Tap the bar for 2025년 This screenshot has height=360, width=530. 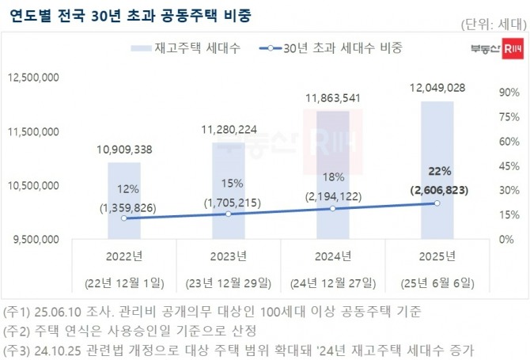pyautogui.click(x=437, y=169)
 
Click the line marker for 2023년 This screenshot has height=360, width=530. pyautogui.click(x=228, y=214)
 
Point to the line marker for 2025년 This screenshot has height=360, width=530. pyautogui.click(x=437, y=203)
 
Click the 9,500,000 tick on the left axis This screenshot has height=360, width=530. pyautogui.click(x=35, y=238)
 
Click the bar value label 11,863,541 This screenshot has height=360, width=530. pyautogui.click(x=332, y=98)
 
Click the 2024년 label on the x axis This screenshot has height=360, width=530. pyautogui.click(x=332, y=256)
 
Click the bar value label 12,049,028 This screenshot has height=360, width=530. pyautogui.click(x=437, y=87)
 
